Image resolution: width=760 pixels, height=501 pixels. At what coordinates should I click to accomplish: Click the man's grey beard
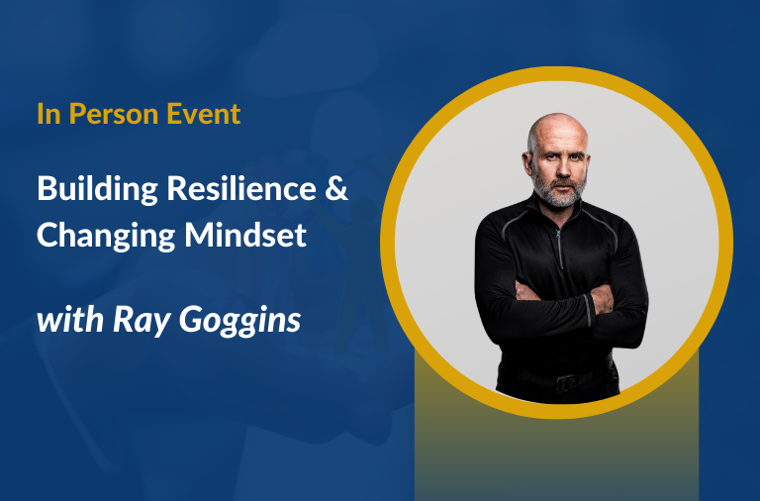[x=555, y=192]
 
